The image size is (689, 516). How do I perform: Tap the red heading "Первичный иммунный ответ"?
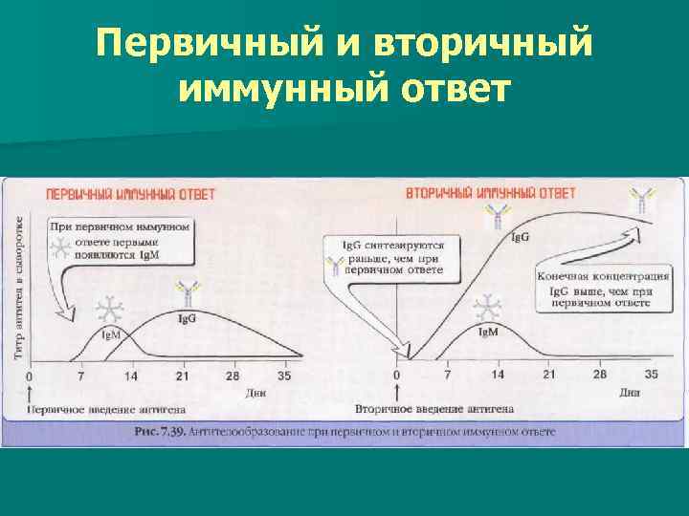click(131, 194)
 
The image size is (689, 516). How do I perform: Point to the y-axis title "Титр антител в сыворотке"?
click(21, 287)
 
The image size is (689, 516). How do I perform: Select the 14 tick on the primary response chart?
click(131, 376)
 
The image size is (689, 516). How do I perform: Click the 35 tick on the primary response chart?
click(283, 376)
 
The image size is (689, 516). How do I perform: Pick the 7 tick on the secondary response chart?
click(447, 376)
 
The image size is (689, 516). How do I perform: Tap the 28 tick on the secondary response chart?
click(600, 376)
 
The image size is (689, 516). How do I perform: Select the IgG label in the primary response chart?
click(187, 317)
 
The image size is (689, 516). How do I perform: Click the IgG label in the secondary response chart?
click(522, 237)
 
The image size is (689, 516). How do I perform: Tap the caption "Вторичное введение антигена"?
click(434, 408)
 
